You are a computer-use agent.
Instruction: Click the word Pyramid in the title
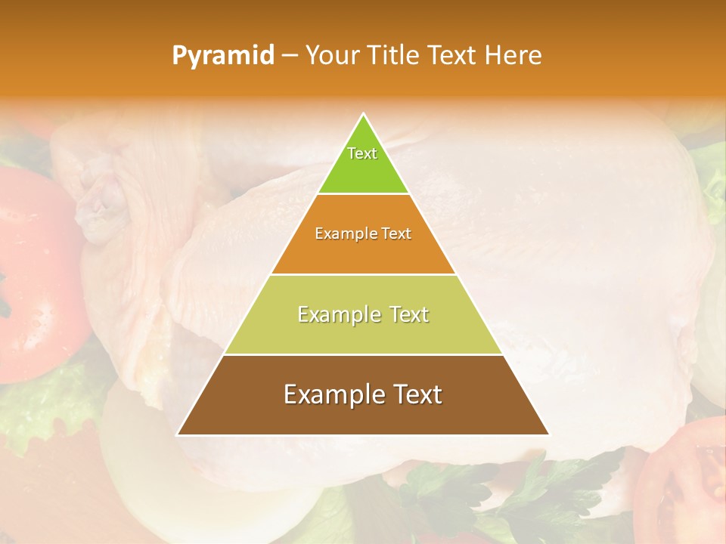(x=222, y=56)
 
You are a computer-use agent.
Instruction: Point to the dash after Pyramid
(x=289, y=56)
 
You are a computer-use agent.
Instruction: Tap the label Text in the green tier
(x=362, y=153)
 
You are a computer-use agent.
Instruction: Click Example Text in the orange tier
(x=363, y=233)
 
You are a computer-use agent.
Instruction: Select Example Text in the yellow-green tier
(x=363, y=314)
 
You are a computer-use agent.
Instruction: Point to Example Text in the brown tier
(x=363, y=394)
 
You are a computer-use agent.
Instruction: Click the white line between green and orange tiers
(x=363, y=193)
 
